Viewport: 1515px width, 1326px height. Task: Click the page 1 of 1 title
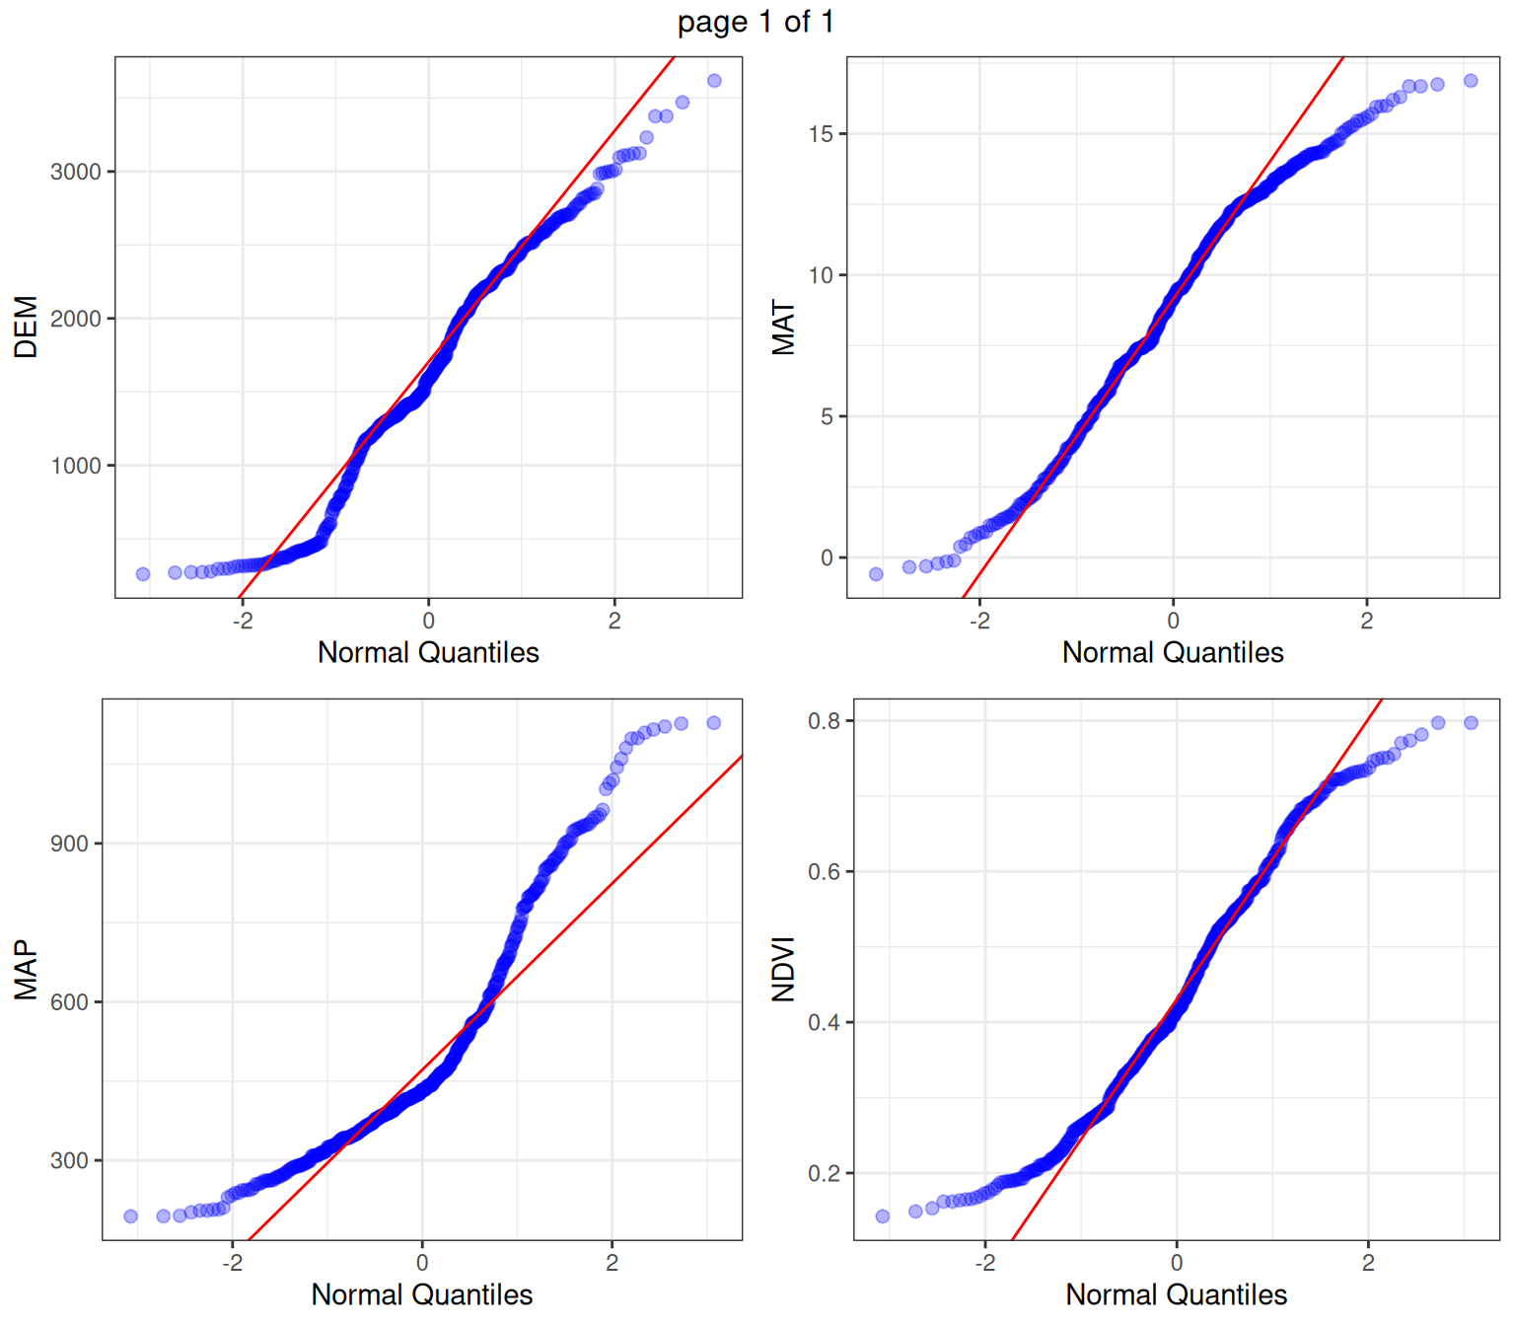click(x=756, y=22)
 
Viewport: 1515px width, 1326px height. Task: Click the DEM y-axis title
click(x=26, y=327)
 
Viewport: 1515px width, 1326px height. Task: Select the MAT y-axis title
click(x=783, y=327)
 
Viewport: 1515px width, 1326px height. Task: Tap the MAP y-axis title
click(x=26, y=970)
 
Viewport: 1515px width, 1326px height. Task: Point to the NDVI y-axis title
click(x=783, y=970)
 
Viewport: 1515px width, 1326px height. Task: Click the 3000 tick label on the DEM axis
click(x=76, y=172)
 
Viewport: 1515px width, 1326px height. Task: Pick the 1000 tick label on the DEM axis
click(x=76, y=466)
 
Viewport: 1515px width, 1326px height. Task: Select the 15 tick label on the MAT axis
click(x=821, y=134)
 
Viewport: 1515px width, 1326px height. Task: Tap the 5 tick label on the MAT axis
click(x=827, y=416)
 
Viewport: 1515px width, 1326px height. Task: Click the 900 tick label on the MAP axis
click(x=69, y=844)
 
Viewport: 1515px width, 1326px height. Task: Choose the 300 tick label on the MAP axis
click(x=69, y=1160)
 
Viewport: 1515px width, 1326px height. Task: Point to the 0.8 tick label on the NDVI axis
click(x=824, y=721)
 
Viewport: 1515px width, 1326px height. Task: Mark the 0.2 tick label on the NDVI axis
click(x=824, y=1174)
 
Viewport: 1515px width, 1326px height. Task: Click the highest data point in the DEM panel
click(x=714, y=81)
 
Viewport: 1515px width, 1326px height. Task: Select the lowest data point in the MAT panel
click(x=876, y=574)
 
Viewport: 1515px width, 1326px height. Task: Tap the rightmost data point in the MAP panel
click(x=714, y=723)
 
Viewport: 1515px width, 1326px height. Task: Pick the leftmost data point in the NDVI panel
click(x=883, y=1216)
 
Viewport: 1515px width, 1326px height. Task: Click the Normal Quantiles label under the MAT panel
click(x=1173, y=652)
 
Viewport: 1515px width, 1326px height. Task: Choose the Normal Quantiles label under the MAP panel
click(x=422, y=1294)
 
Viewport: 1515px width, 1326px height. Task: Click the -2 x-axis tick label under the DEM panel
click(x=242, y=621)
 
